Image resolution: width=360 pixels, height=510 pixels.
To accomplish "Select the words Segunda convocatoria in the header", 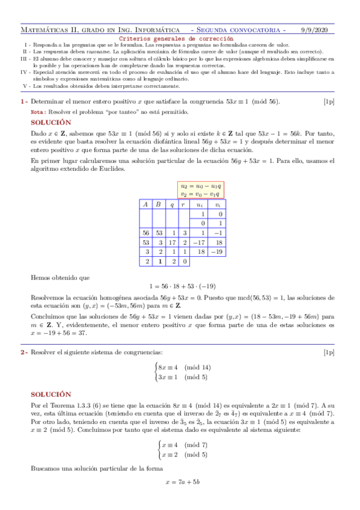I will pyautogui.click(x=241, y=29).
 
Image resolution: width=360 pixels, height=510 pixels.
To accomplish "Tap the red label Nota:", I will pyautogui.click(x=37, y=112).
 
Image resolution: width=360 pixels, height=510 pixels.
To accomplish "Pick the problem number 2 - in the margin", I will pyautogui.click(x=23, y=352).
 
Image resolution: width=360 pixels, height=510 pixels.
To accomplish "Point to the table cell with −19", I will pyautogui.click(x=218, y=252).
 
